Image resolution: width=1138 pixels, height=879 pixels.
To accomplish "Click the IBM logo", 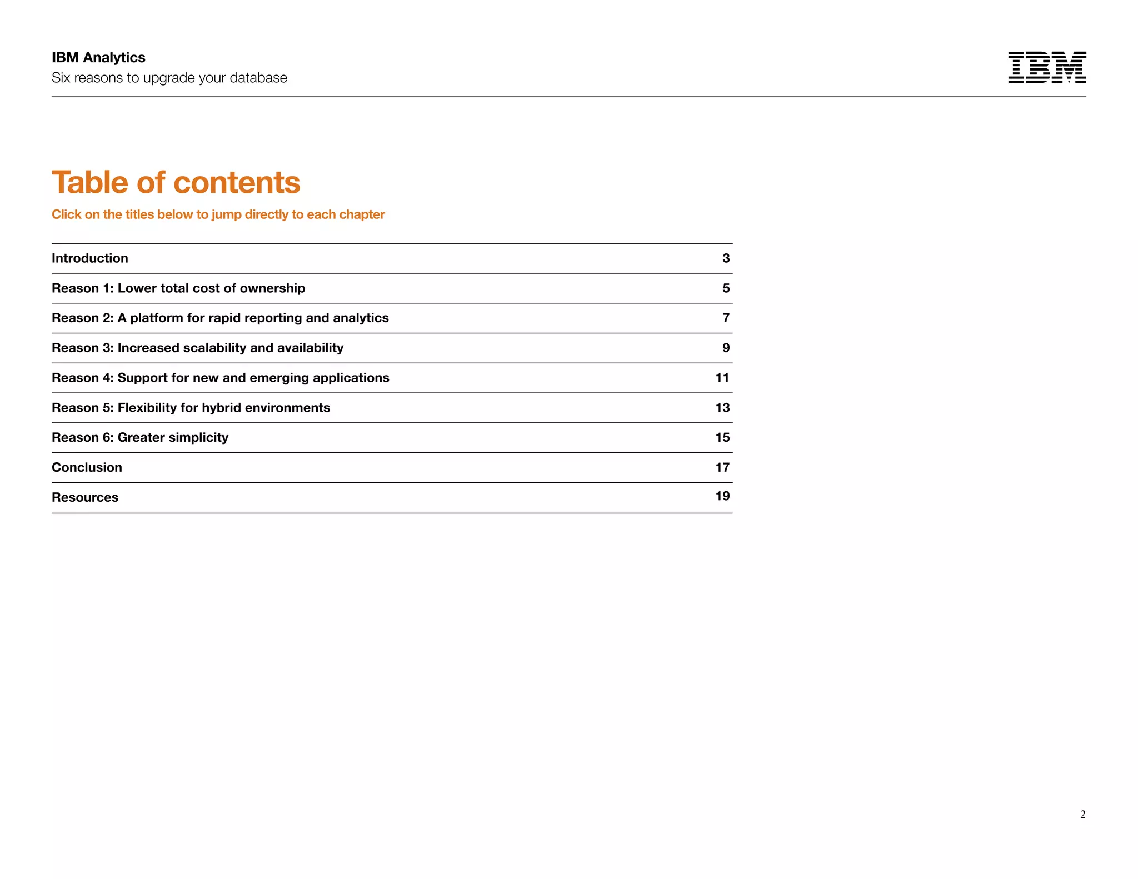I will tap(1047, 67).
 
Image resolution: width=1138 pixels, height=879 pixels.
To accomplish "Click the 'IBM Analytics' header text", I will tap(98, 58).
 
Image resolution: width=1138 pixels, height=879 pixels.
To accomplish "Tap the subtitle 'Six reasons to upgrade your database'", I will tap(169, 78).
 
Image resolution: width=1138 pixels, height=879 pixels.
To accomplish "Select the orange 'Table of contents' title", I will tap(176, 182).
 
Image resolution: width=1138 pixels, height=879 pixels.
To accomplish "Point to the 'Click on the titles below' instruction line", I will tap(218, 214).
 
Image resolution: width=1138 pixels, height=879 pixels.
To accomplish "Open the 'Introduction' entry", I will tap(90, 258).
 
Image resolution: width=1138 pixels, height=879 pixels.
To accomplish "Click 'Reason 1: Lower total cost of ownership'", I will tap(178, 288).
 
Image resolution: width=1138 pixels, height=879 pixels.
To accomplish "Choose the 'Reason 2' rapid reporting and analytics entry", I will tap(220, 318).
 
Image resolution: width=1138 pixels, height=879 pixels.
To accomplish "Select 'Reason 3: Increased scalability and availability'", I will tap(197, 348).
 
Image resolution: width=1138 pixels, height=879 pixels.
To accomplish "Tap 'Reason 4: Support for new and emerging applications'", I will tap(220, 378).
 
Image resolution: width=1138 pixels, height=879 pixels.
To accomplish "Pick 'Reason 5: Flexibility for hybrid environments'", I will tap(191, 408).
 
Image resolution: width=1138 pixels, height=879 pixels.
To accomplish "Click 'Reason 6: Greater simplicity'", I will tap(140, 438).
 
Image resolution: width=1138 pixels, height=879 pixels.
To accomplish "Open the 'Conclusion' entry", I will tap(87, 467).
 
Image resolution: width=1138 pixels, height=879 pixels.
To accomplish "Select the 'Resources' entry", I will tap(85, 497).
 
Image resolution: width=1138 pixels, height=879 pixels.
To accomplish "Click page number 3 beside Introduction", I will tap(726, 258).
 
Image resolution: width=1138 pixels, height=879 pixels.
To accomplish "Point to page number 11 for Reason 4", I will tap(722, 378).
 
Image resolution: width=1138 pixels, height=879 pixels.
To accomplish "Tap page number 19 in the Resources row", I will tap(722, 496).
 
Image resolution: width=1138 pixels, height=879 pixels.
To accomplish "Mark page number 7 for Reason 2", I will tap(726, 318).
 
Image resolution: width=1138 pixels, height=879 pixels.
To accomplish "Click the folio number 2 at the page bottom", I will tap(1082, 815).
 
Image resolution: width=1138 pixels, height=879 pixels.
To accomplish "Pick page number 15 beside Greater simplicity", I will tap(722, 438).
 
